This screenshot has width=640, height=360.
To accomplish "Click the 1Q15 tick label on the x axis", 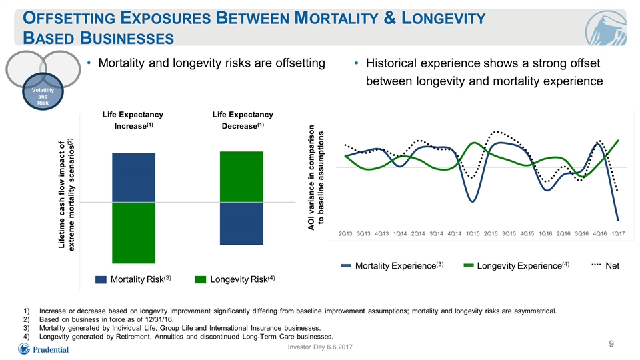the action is [x=473, y=234].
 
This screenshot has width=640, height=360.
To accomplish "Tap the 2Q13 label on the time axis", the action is [x=345, y=234].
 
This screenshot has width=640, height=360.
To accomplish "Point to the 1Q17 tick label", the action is [x=618, y=234].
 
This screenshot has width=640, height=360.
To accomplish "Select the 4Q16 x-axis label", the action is [x=600, y=234].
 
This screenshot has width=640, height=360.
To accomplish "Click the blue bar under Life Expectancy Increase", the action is [x=133, y=177].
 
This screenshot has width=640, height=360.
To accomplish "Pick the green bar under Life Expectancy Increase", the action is [x=133, y=233].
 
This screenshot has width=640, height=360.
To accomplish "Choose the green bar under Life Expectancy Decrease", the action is [x=241, y=177].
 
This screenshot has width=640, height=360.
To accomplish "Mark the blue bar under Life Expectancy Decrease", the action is [x=241, y=223].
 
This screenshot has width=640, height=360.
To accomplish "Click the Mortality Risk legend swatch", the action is [x=101, y=279].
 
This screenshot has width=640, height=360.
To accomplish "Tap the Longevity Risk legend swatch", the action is [x=201, y=279].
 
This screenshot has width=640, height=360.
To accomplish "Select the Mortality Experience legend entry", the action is [x=392, y=266].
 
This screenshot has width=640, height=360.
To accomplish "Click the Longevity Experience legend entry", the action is [x=517, y=266].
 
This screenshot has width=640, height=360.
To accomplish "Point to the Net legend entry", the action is [x=606, y=266].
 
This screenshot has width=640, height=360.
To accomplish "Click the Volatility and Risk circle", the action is [x=43, y=91].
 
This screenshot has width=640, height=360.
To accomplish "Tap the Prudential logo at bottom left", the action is [x=43, y=349].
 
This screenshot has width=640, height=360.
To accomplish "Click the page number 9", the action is [x=611, y=344].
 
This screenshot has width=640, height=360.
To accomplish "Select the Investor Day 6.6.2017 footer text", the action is [x=320, y=347].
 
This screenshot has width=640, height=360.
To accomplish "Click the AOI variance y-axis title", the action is [x=316, y=177].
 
